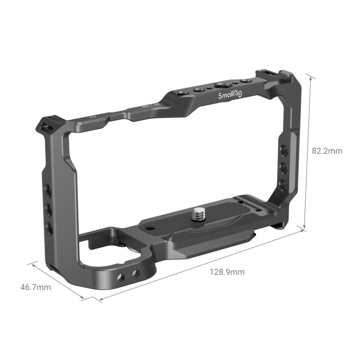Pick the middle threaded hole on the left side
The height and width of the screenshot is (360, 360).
click(48, 208)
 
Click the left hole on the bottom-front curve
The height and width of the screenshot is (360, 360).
click(121, 278)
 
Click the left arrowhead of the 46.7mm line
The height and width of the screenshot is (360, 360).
click(33, 263)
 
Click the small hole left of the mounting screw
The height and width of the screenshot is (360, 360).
click(150, 228)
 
